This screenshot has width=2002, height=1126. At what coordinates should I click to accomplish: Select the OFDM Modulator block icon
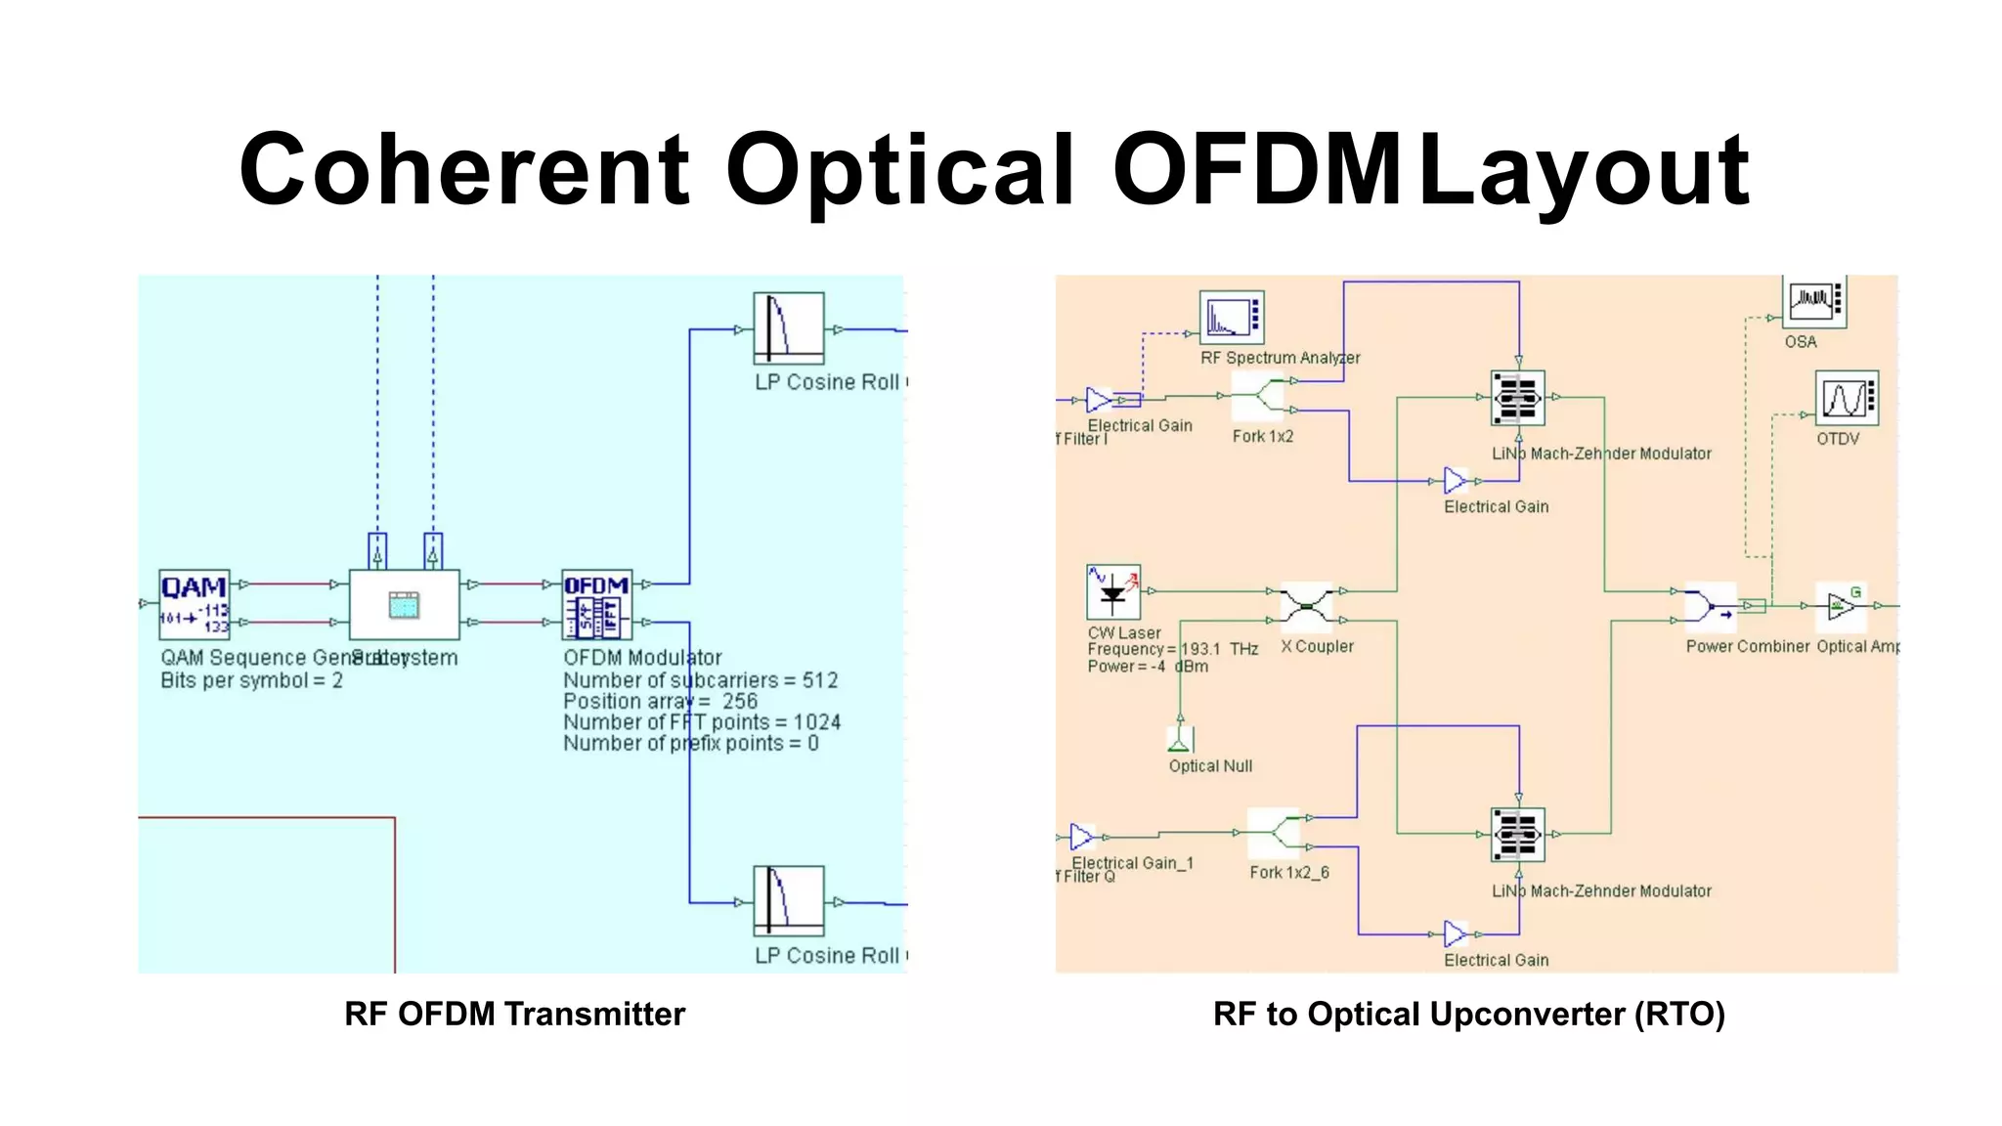point(596,604)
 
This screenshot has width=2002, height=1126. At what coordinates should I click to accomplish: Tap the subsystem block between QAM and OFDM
point(405,604)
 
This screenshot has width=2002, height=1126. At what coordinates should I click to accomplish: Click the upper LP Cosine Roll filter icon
point(788,328)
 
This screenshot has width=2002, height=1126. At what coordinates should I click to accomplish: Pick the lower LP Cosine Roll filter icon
point(788,901)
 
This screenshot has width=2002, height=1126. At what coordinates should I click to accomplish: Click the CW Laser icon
point(1113,592)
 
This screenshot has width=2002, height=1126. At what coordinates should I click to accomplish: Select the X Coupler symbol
point(1306,605)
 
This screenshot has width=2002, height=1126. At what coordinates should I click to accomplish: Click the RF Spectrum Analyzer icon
point(1232,317)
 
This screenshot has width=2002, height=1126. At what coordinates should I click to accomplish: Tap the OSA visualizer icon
point(1815,301)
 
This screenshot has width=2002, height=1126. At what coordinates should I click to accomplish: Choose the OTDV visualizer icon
point(1846,398)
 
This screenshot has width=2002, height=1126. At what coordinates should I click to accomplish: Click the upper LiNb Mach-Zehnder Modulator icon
point(1517,398)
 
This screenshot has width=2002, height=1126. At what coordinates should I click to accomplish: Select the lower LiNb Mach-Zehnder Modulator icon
point(1517,834)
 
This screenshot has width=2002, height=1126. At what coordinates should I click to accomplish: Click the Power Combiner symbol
point(1709,606)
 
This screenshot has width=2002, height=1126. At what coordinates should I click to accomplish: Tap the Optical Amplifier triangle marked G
point(1842,606)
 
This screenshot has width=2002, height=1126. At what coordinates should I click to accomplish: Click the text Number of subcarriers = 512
point(700,680)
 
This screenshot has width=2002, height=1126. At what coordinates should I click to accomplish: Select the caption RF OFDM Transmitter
point(514,1014)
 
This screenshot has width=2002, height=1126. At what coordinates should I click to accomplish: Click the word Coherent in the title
point(464,170)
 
